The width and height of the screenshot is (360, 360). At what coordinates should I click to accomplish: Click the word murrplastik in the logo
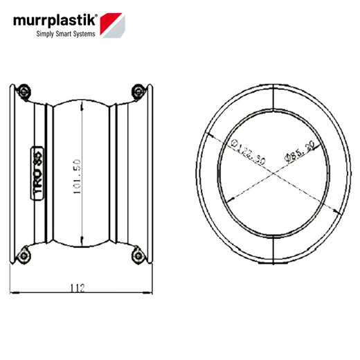[x=53, y=22]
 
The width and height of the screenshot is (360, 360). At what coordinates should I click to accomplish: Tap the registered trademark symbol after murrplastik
[x=96, y=15]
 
